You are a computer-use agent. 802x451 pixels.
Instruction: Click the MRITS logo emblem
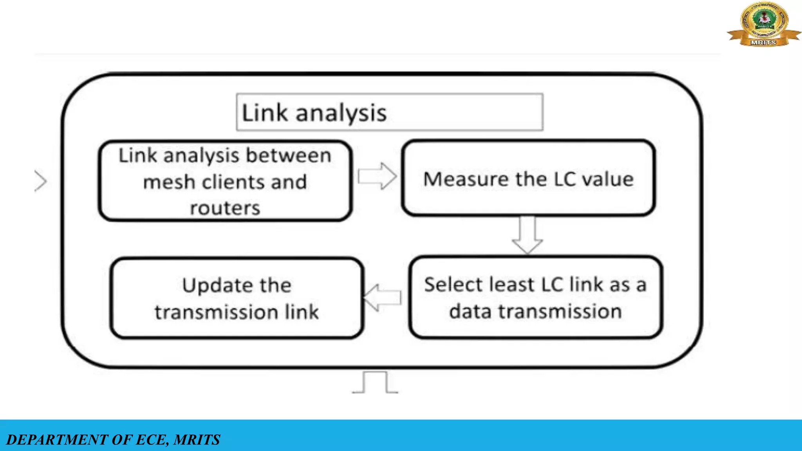point(764,23)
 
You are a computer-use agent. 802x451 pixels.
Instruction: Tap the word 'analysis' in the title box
point(341,114)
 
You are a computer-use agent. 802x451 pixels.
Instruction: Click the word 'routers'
point(225,208)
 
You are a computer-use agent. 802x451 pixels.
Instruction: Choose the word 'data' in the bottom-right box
point(470,312)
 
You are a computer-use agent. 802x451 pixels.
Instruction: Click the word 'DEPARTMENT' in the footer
point(58,440)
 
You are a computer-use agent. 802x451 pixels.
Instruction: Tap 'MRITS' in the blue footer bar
point(197,440)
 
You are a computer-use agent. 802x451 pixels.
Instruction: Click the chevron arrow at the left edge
point(41,181)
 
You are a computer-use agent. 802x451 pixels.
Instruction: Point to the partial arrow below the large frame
point(375,382)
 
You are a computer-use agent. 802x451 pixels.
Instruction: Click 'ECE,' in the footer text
point(152,440)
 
